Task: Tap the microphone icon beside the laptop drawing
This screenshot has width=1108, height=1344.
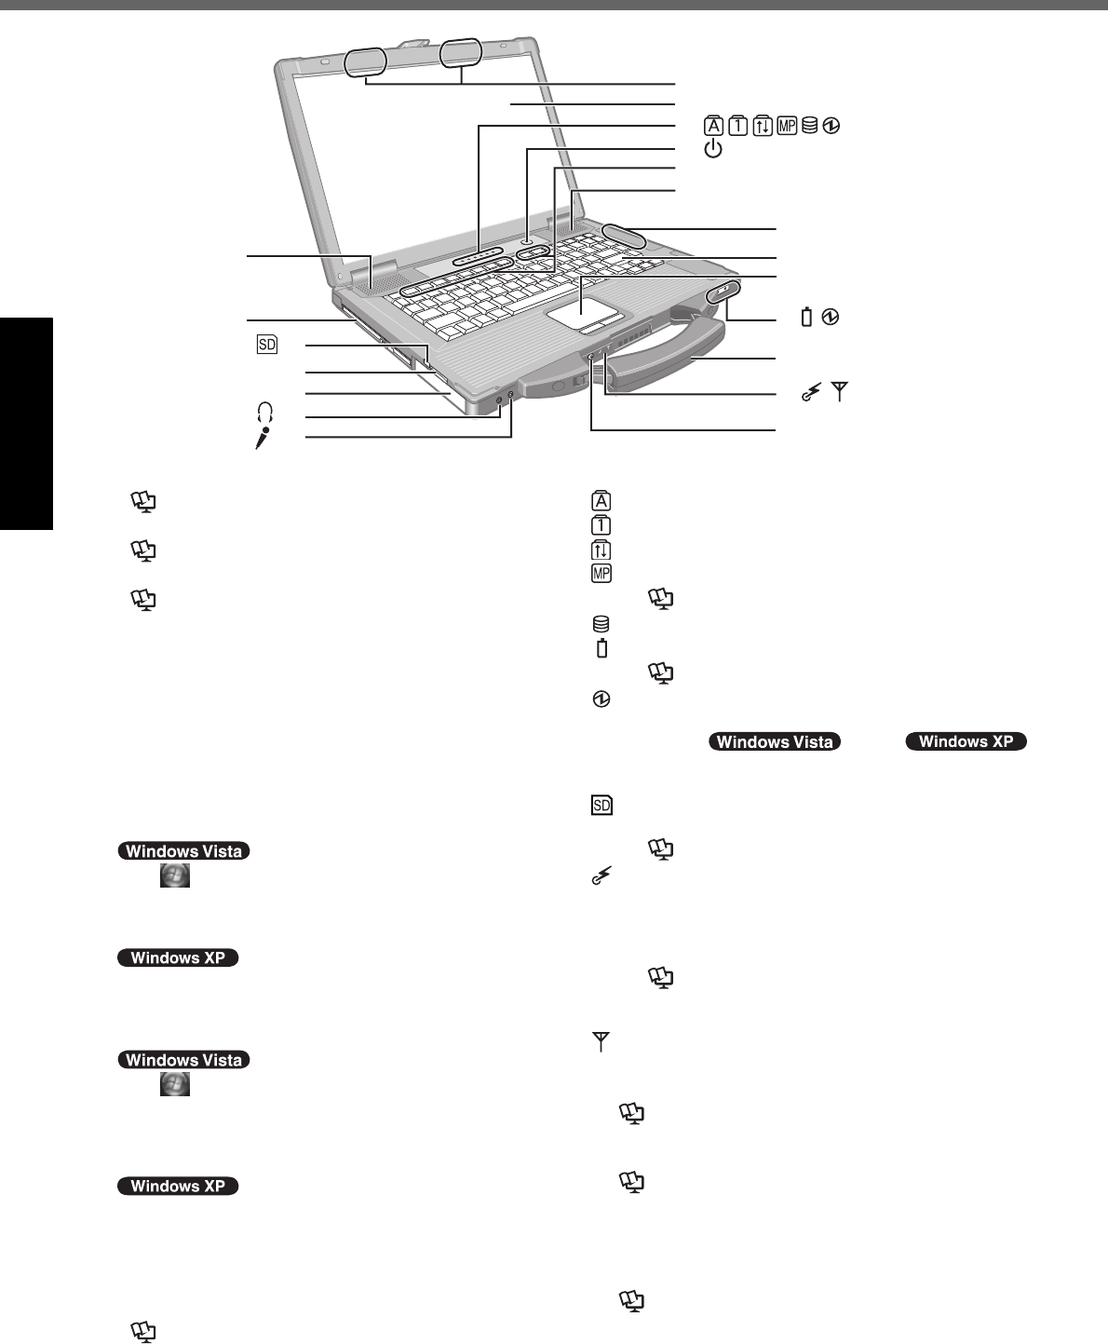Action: click(264, 436)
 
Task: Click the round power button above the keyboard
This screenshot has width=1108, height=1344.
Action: click(529, 239)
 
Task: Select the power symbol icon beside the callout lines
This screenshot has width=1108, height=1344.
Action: click(713, 149)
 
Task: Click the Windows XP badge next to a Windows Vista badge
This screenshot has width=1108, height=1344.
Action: click(967, 742)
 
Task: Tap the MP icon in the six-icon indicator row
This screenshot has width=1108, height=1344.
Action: click(787, 126)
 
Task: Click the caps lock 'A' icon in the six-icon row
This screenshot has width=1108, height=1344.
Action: click(713, 126)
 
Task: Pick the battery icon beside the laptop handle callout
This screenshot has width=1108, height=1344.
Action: click(806, 319)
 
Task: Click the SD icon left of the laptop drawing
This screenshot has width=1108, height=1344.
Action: click(267, 345)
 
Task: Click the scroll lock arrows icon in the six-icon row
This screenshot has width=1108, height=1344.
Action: click(763, 126)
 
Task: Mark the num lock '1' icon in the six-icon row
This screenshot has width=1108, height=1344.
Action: click(738, 126)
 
